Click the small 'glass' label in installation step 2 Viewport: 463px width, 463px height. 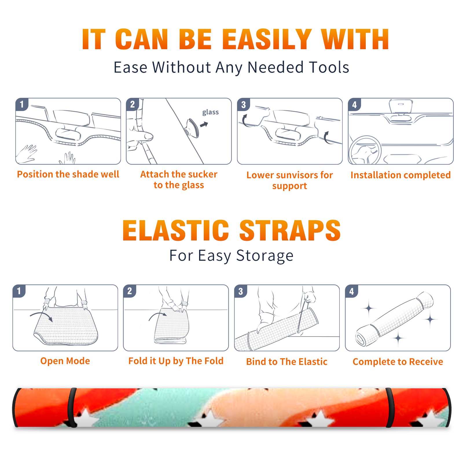pos(210,112)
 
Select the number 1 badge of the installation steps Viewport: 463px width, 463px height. pos(22,104)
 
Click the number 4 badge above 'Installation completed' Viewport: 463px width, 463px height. pos(354,104)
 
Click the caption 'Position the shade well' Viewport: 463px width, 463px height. pos(68,174)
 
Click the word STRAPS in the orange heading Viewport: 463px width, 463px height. pos(290,230)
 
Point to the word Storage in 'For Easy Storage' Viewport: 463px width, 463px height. pos(265,256)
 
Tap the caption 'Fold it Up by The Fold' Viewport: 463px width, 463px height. pos(176,361)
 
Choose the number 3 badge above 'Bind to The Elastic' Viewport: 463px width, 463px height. pos(241,291)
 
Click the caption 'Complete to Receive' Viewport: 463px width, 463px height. pos(398,362)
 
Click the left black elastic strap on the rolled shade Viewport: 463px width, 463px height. pos(72,407)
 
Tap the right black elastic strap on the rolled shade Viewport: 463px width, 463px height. pos(389,407)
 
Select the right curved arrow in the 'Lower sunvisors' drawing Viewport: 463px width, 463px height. pos(327,137)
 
